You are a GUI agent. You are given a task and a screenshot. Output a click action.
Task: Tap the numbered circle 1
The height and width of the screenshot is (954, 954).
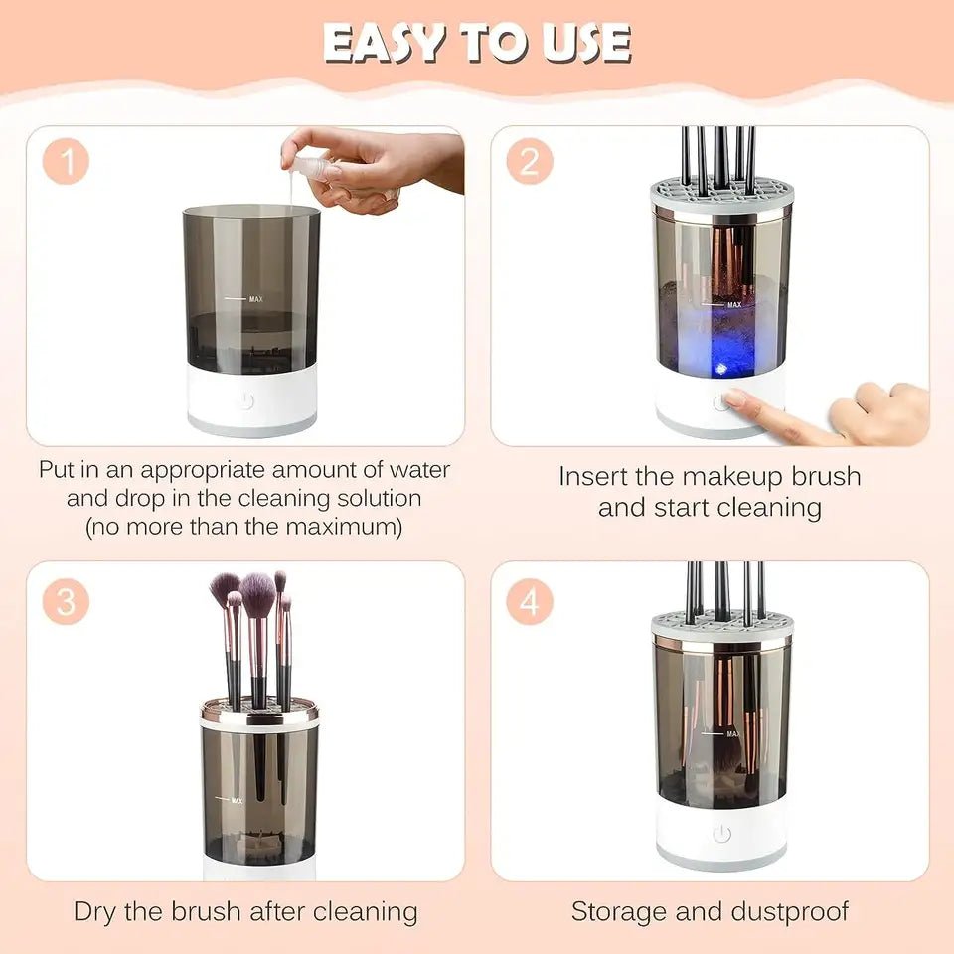coord(66,162)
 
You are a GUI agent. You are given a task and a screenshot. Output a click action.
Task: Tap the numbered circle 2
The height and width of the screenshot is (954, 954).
coord(530,162)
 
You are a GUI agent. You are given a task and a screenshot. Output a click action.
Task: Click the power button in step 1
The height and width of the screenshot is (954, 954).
coord(246,401)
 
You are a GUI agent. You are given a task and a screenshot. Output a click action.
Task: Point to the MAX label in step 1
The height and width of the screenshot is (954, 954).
coord(256,298)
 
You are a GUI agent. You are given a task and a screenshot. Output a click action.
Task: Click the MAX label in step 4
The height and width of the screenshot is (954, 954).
coord(733,733)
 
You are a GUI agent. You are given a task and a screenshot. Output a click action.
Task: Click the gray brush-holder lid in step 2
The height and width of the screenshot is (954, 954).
coord(722,197)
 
